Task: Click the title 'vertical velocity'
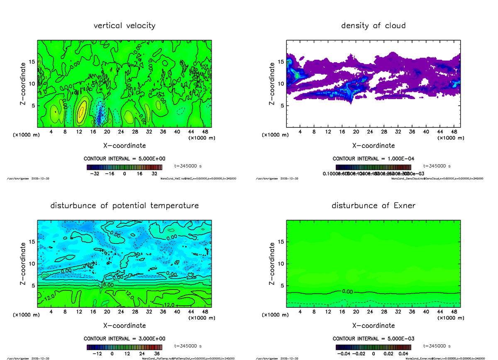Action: coord(124,26)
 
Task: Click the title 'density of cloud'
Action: coord(373,26)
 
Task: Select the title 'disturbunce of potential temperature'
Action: coord(124,206)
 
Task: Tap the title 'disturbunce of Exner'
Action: coord(373,206)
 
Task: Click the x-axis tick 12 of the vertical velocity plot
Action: coord(79,132)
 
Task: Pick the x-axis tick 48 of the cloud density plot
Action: coord(454,132)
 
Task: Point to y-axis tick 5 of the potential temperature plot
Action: coord(32,285)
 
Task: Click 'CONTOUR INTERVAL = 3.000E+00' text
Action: coord(124,338)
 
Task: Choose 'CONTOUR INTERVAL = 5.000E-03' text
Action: coord(373,338)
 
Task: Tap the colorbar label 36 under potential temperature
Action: coord(158,354)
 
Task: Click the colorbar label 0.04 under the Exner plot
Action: coord(404,354)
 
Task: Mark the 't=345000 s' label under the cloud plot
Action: coord(437,166)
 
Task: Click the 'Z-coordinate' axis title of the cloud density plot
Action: coord(272,83)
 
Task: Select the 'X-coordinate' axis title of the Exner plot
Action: coord(373,326)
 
